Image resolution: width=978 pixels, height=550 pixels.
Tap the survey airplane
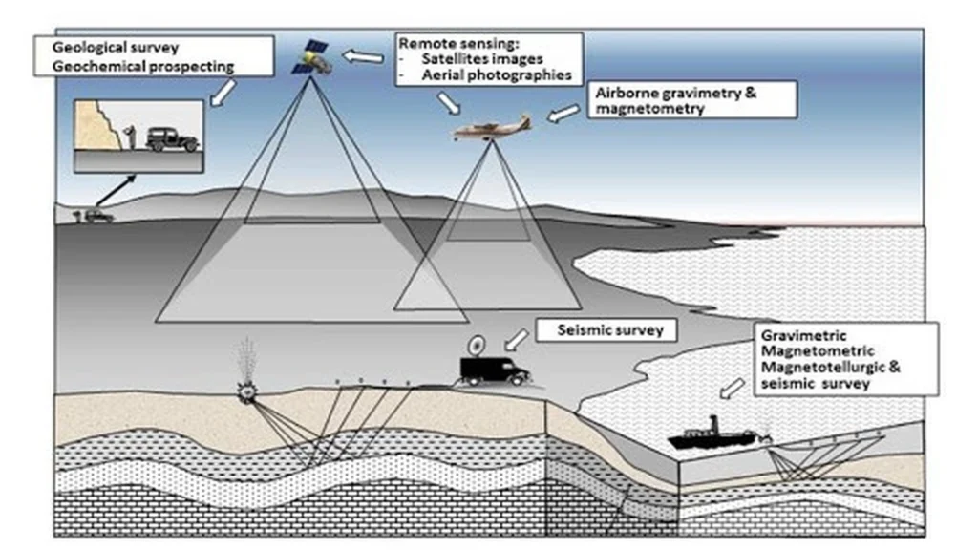coord(492,130)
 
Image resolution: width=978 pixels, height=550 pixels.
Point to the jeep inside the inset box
coord(172,139)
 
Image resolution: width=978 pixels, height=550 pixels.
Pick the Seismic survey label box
coord(605,331)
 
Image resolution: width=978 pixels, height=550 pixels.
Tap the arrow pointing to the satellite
coord(362,57)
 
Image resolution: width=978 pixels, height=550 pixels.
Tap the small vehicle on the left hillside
coord(97,216)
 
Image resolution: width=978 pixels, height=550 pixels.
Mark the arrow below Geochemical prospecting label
coord(221,92)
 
